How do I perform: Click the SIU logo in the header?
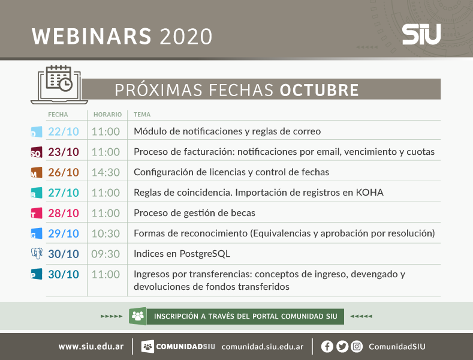pos(421,34)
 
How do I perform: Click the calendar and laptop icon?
pos(59,85)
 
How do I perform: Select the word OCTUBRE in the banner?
pos(319,89)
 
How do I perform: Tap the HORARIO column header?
pos(107,115)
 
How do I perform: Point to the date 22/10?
pos(64,131)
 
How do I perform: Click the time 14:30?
pos(106,172)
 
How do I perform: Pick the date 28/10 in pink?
pos(64,213)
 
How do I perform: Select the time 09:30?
pos(106,254)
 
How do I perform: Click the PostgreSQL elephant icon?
pos(37,253)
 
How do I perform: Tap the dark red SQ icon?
pos(37,152)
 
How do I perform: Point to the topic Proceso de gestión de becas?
pos(194,213)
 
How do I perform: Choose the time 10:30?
pos(106,233)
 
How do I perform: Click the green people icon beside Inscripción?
pos(138,316)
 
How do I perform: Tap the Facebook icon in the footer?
pos(327,346)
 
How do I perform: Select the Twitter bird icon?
pos(342,346)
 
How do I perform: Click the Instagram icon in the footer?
pos(357,346)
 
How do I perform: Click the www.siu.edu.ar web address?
pos(91,346)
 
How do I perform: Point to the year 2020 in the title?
pos(186,37)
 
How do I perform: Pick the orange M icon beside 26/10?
pos(37,172)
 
